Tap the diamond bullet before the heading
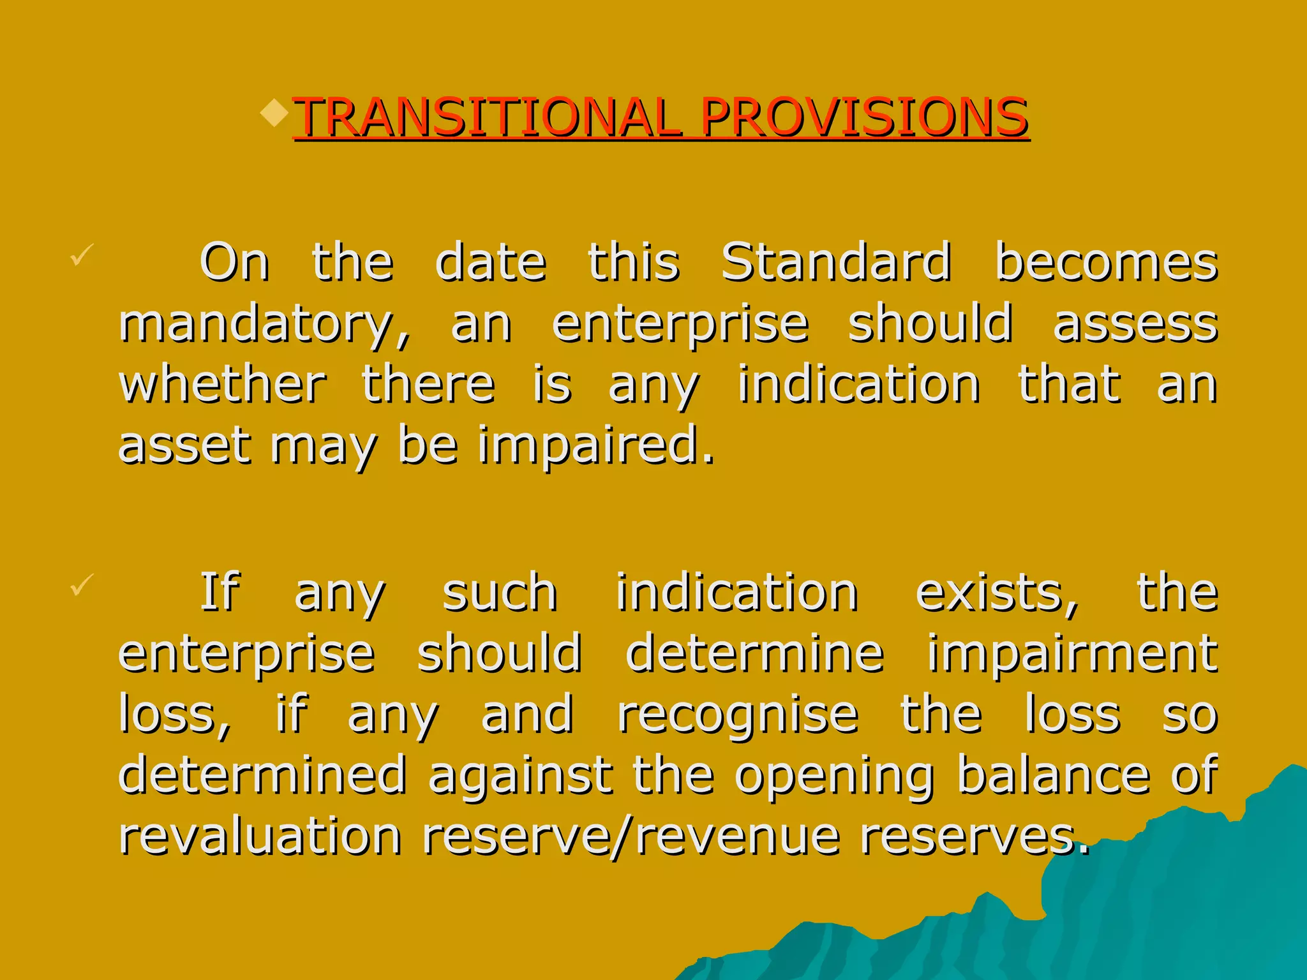pos(275,112)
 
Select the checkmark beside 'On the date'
pos(82,255)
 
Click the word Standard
pos(835,262)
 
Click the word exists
pos(996,593)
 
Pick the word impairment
pos(1072,654)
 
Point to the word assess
pos(1135,323)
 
